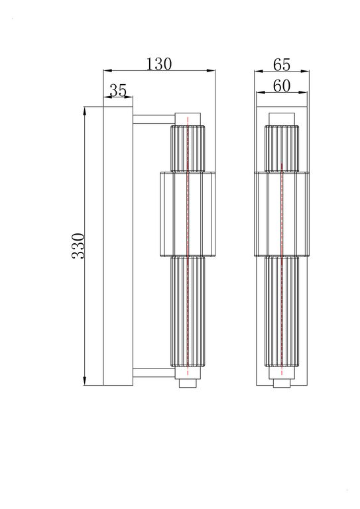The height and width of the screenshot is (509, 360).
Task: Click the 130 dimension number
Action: pyautogui.click(x=159, y=64)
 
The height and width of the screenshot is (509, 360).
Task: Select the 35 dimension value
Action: pyautogui.click(x=118, y=91)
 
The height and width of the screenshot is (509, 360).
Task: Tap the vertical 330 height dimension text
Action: pyautogui.click(x=78, y=246)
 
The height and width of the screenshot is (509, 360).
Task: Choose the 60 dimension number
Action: pyautogui.click(x=282, y=85)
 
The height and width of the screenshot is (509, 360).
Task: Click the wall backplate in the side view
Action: pyautogui.click(x=119, y=245)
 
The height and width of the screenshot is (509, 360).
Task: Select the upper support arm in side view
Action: pyautogui.click(x=152, y=120)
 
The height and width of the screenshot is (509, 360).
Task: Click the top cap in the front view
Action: pyautogui.click(x=282, y=118)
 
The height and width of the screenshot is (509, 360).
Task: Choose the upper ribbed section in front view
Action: pyautogui.click(x=282, y=147)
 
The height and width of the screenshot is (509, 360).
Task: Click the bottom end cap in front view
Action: pyautogui.click(x=282, y=383)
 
